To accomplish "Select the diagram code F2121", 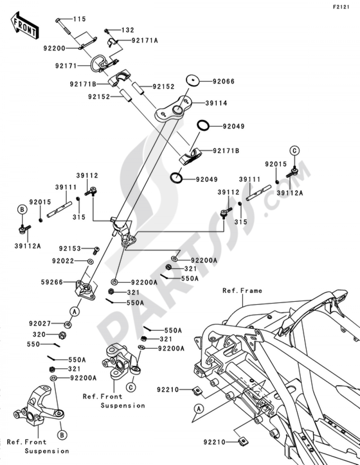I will click(x=341, y=7).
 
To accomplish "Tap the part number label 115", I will click(x=80, y=19).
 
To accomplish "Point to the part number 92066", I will click(x=223, y=81).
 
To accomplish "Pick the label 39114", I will click(x=216, y=103).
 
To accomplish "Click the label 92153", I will click(x=70, y=249).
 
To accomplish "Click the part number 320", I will click(x=39, y=335).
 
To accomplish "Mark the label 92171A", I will click(x=145, y=41).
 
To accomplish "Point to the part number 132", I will click(x=127, y=30).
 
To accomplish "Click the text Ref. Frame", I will click(x=242, y=291).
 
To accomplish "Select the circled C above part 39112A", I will click(x=294, y=151).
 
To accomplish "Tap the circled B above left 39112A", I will click(x=22, y=210).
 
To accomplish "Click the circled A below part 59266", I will click(x=74, y=311).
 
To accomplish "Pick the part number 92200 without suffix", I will click(x=54, y=48).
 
